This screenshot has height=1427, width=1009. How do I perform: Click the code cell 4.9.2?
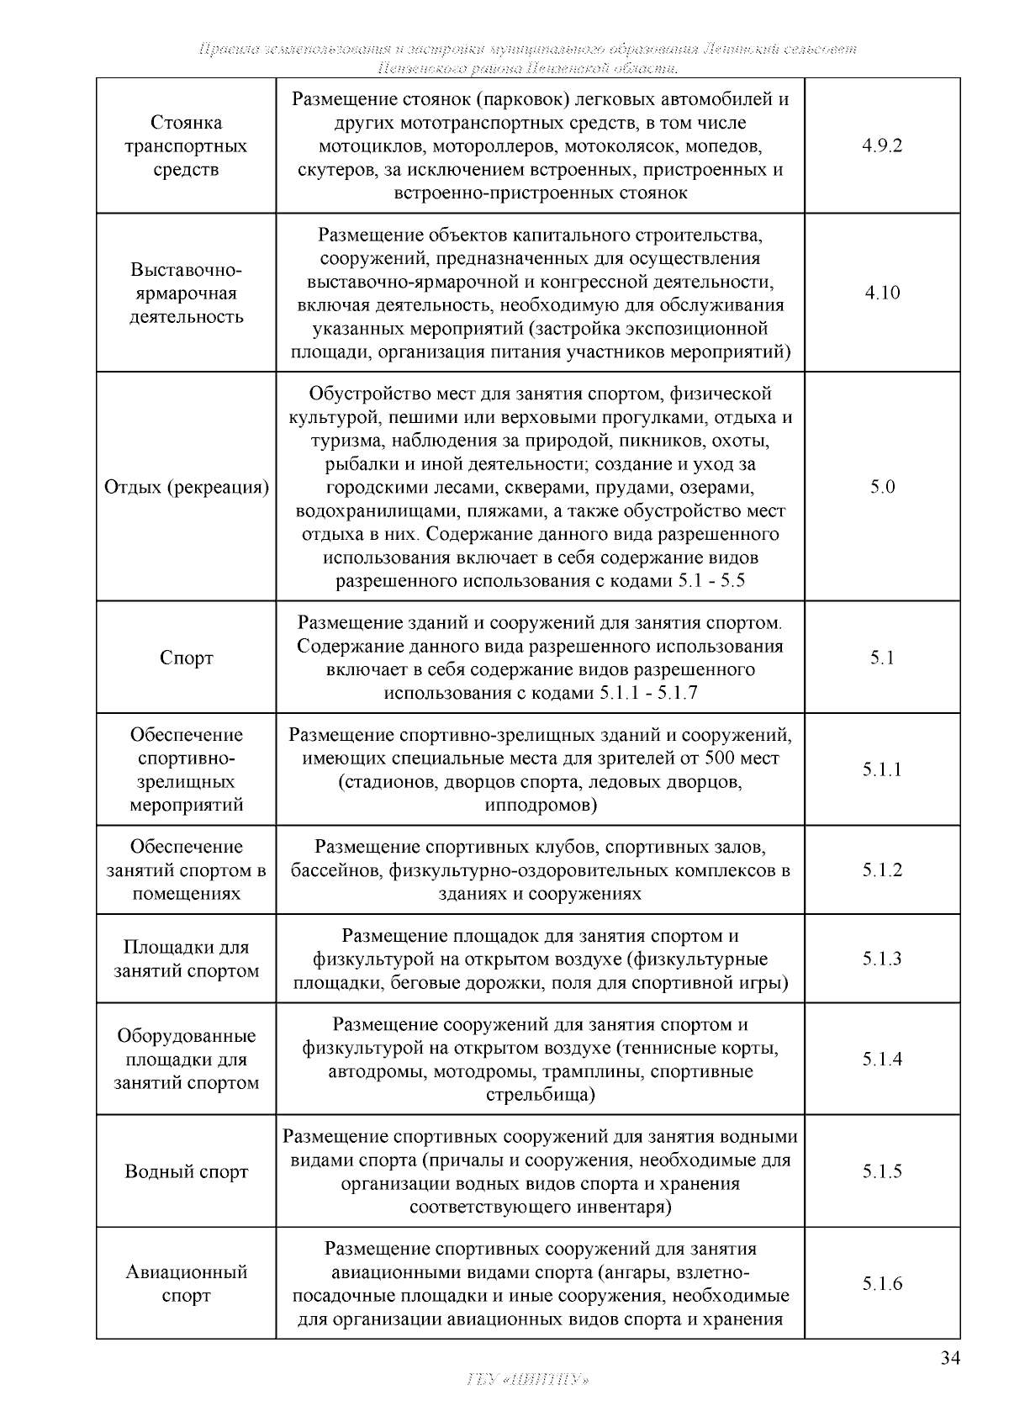coord(882,145)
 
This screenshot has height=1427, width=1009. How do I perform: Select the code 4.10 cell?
coord(882,293)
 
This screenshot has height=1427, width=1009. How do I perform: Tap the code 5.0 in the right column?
coord(882,487)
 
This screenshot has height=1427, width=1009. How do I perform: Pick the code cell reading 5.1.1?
coord(882,769)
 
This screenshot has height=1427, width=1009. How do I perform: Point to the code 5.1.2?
coord(882,869)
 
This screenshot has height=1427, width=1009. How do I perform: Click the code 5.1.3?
coord(882,959)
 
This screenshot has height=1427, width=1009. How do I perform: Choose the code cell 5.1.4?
coord(882,1059)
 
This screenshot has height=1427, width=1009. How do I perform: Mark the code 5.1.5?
coord(882,1171)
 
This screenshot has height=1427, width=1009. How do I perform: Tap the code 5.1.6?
coord(882,1283)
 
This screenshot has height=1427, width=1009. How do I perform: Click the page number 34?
coord(950,1359)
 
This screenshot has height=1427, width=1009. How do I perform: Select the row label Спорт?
coord(186,658)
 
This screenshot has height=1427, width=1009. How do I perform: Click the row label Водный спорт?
coord(186,1171)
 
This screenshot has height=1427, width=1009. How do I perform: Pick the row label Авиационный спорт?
coord(186,1283)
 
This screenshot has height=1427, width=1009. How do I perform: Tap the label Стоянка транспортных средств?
coord(186,145)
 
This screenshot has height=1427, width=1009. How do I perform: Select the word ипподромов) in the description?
coord(541,806)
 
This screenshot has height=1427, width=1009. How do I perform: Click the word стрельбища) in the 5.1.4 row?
coord(541,1095)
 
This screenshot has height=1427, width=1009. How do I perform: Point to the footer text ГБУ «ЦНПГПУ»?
coord(526,1380)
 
